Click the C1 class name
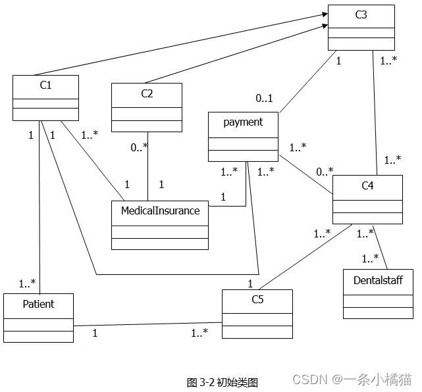click(45, 85)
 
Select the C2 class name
click(146, 93)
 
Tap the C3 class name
click(361, 14)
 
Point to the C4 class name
click(367, 186)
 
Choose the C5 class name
click(257, 301)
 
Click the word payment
click(243, 122)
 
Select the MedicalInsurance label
click(160, 211)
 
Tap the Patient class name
click(38, 304)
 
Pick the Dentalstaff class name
click(378, 280)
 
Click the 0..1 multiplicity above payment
click(264, 99)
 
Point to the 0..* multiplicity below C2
click(138, 148)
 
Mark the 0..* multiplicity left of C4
click(325, 172)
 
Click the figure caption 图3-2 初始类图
click(222, 382)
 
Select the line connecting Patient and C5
click(148, 324)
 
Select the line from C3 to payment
click(309, 82)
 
